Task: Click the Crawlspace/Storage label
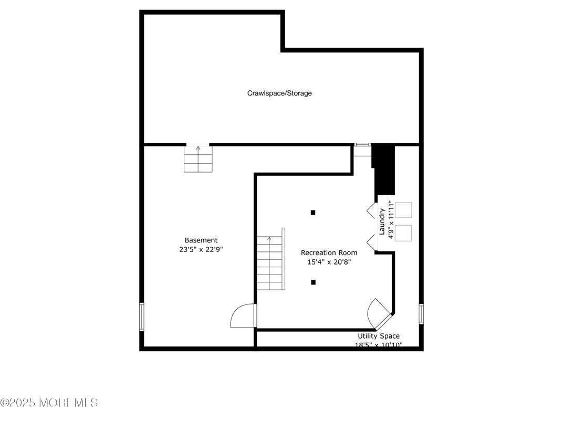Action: (279, 93)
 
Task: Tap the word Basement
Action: (201, 240)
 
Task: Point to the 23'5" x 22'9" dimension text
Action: (201, 250)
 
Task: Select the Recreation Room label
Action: (329, 253)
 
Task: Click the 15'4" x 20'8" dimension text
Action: (329, 262)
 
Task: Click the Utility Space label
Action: (379, 336)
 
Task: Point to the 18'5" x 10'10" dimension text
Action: (379, 345)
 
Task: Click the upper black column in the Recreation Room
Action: (313, 213)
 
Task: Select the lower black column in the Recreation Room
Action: (313, 282)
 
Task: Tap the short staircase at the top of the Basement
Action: (199, 159)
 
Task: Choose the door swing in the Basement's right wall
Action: (243, 316)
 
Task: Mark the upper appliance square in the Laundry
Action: (403, 210)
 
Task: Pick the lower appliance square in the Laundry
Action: (403, 233)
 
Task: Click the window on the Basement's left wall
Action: (141, 316)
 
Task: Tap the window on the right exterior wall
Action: (421, 314)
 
